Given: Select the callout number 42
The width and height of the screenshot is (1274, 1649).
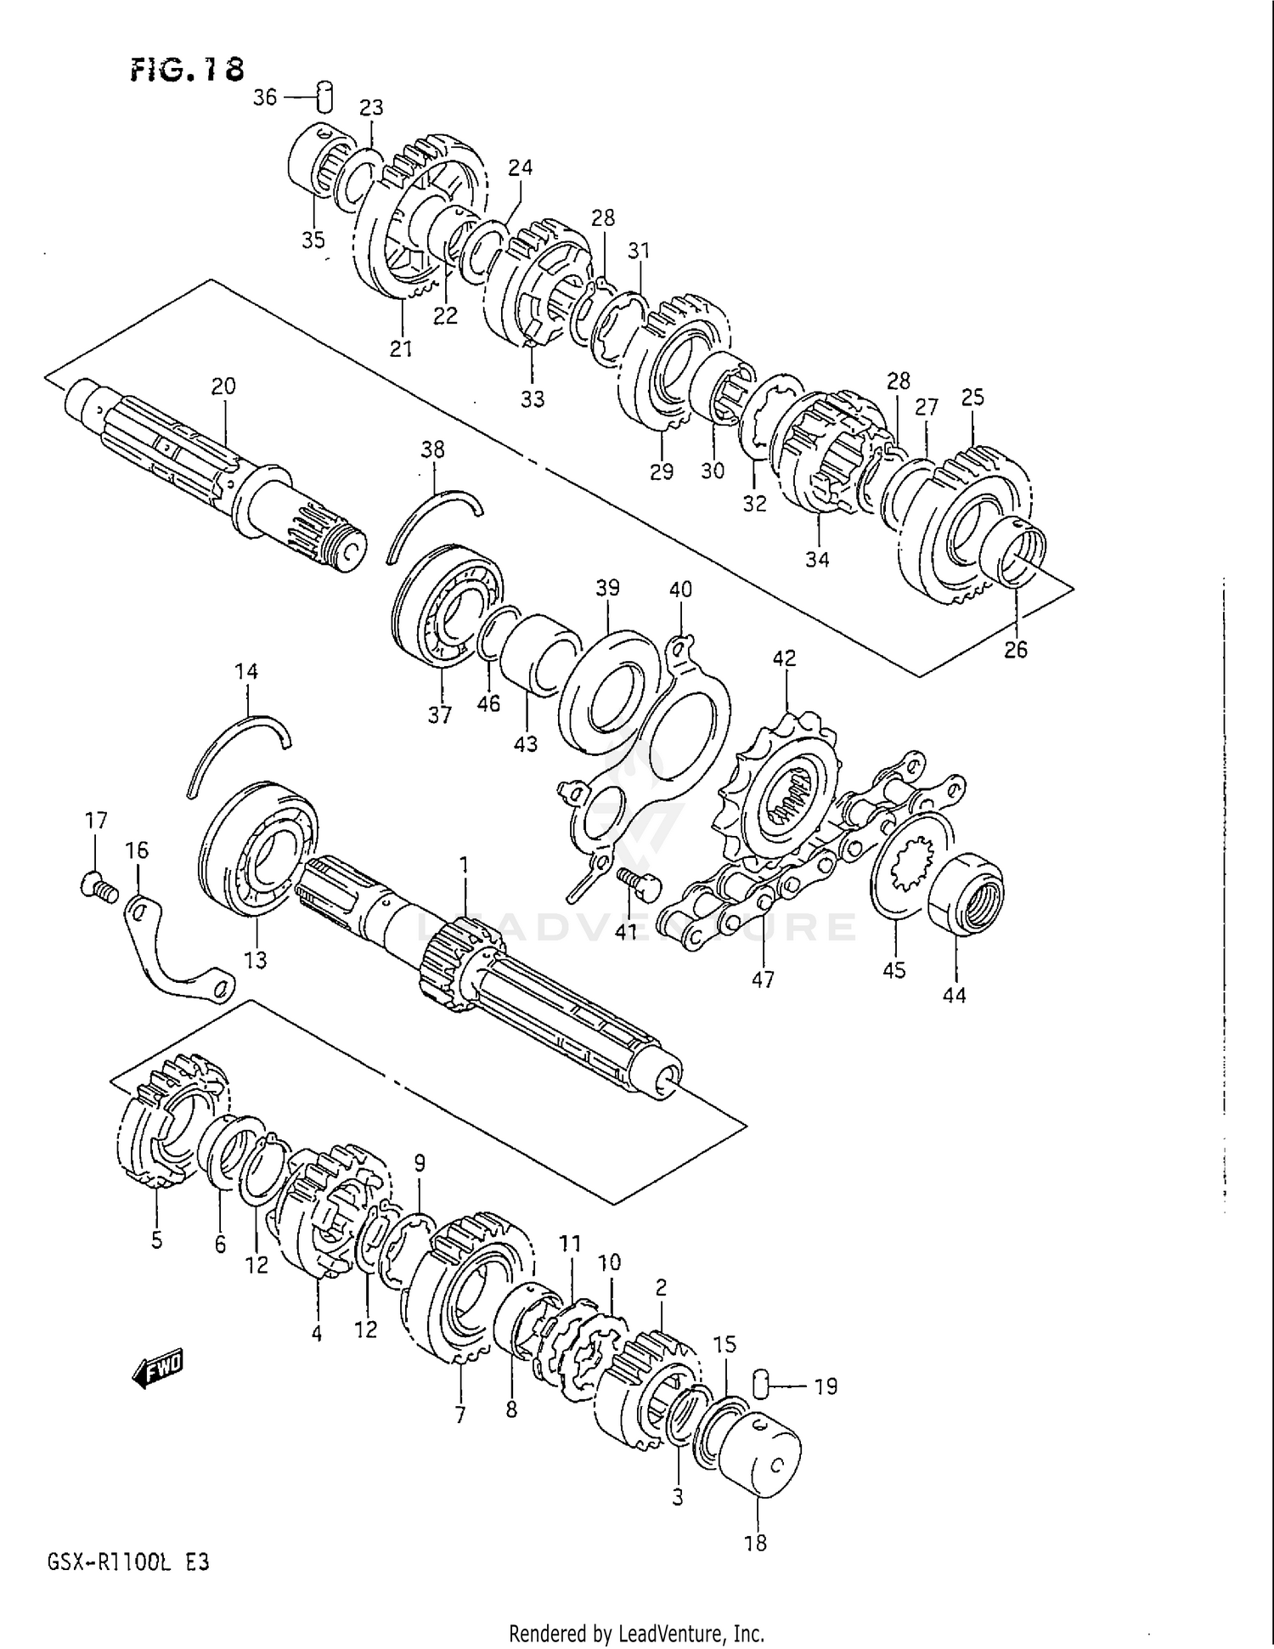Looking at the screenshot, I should [784, 658].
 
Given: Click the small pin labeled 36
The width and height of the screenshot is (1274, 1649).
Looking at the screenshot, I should [324, 97].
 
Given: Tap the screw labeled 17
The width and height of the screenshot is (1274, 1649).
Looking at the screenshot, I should [94, 888].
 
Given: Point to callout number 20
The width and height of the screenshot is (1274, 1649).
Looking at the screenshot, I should [223, 387].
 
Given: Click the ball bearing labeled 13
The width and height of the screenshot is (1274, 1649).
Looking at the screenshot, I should [257, 848].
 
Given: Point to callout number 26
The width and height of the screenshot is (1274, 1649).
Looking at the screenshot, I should [1016, 650].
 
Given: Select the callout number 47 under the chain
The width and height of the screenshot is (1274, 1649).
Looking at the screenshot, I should [763, 980].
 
